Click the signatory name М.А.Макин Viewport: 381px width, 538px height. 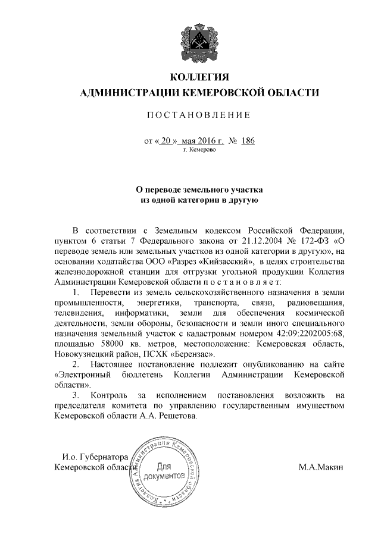321,467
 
